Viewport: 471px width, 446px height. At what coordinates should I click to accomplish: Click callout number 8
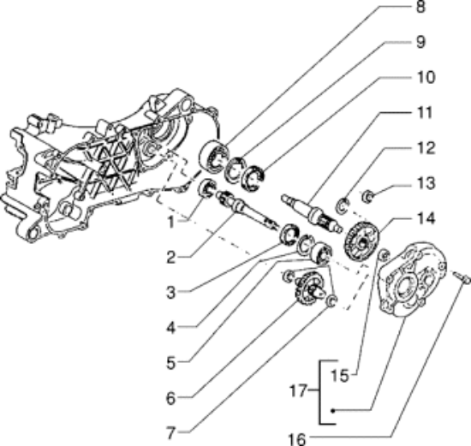444,10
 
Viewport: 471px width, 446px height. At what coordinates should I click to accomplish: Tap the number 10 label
447,78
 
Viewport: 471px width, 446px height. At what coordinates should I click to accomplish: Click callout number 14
448,219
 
